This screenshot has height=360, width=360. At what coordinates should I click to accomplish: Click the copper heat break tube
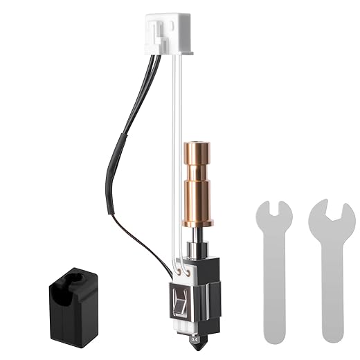tap(197, 183)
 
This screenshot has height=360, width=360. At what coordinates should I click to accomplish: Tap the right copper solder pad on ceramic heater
tap(188, 271)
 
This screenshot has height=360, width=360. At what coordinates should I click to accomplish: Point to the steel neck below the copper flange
tap(197, 239)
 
